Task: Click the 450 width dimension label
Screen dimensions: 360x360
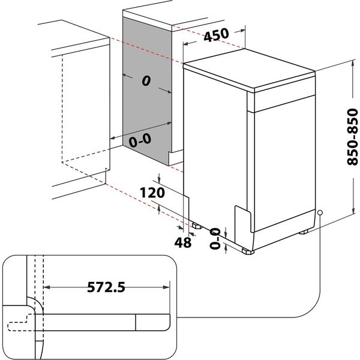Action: click(x=216, y=35)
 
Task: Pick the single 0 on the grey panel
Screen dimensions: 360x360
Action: click(x=146, y=83)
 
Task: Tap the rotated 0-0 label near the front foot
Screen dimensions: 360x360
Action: click(x=215, y=238)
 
